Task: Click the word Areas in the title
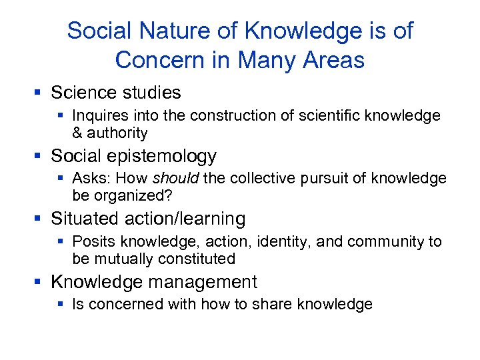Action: pos(335,60)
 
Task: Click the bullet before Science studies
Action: pos(41,93)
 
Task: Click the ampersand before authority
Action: pos(77,133)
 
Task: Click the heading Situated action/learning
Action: pos(148,219)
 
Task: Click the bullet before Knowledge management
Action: pos(41,282)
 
